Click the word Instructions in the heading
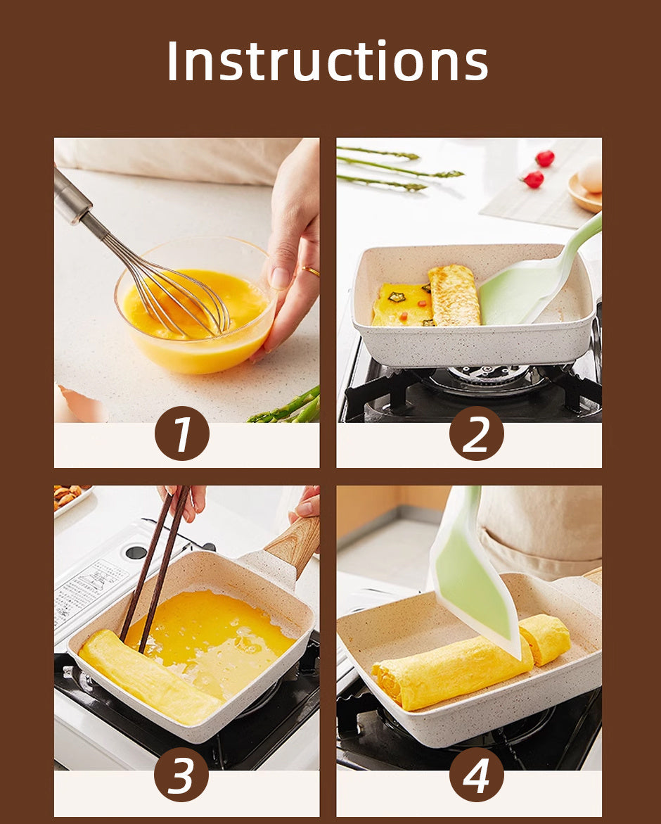pos(328,61)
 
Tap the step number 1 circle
pos(181,433)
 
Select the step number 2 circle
pos(476,433)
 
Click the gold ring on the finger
pos(310,271)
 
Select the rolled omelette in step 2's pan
pos(454,295)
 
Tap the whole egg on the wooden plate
pos(591,175)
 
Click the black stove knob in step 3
pos(136,552)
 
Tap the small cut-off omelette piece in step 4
pos(546,638)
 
